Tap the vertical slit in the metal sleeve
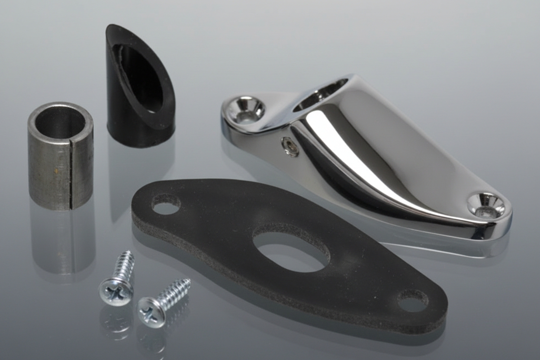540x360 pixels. click(x=71, y=173)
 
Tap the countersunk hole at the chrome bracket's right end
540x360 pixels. click(x=486, y=205)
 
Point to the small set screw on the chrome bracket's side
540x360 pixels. click(x=290, y=147)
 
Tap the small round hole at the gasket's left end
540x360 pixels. click(x=166, y=204)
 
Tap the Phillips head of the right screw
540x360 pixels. click(x=151, y=312)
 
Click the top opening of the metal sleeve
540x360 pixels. click(x=60, y=121)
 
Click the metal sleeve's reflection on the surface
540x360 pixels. click(x=63, y=242)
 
